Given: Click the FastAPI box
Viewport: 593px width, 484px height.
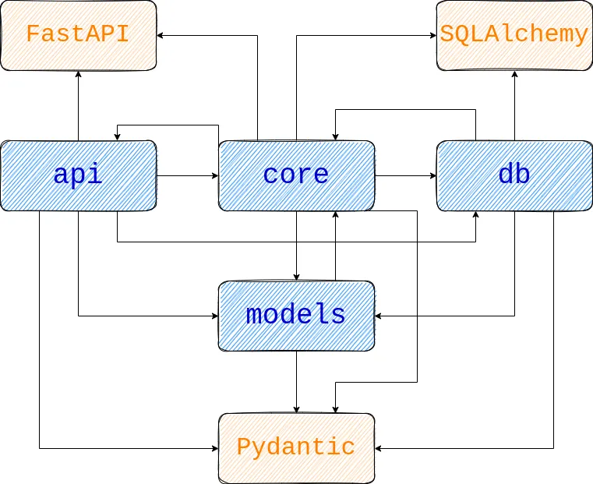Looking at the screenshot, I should point(78,35).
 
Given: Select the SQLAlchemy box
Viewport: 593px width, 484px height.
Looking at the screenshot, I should point(514,35).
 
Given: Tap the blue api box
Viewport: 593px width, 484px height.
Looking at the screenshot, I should point(78,175).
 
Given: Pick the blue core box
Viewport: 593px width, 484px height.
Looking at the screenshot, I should point(296,175).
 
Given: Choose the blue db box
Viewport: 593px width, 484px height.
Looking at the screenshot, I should point(514,175).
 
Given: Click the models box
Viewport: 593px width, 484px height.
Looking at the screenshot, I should point(296,316).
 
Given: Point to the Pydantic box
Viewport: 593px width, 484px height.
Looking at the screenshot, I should point(296,448).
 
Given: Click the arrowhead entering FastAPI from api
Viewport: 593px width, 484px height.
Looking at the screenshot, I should point(78,74).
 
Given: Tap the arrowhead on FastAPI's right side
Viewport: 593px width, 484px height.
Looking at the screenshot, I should point(161,35).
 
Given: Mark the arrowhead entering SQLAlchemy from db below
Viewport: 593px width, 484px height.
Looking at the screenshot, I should point(514,74).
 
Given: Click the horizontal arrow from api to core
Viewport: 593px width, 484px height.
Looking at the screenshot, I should point(187,175).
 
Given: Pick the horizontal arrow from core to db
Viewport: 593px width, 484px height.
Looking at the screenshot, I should point(405,175).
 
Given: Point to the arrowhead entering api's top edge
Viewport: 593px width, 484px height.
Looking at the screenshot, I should point(117,136).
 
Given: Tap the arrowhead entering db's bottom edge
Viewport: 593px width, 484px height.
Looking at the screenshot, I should point(475,215).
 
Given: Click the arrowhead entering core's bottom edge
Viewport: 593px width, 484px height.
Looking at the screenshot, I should point(335,215).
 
